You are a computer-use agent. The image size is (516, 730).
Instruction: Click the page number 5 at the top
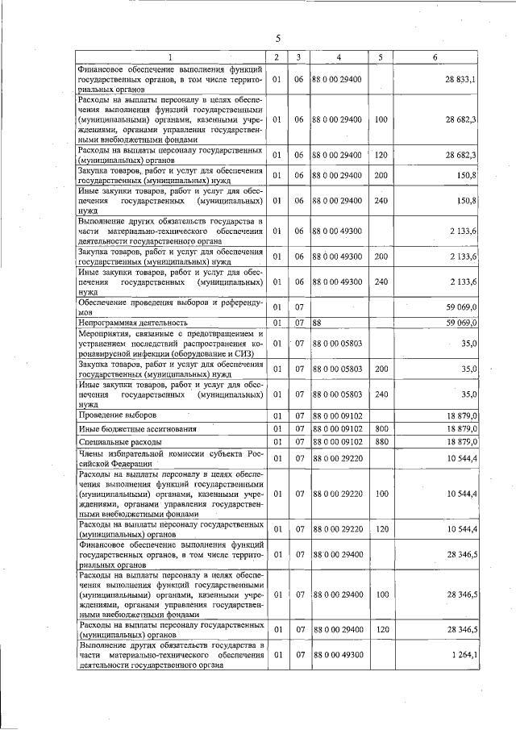pyautogui.click(x=277, y=38)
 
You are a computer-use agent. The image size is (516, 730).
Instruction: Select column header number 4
pyautogui.click(x=339, y=56)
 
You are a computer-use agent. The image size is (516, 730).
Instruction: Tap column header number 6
pyautogui.click(x=435, y=56)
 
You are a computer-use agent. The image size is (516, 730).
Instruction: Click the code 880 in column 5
pyautogui.click(x=381, y=442)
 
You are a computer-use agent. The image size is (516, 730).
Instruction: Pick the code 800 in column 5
pyautogui.click(x=381, y=428)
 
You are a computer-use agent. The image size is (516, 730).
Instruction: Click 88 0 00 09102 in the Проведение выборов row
pyautogui.click(x=337, y=415)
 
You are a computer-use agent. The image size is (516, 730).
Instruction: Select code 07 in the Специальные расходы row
pyautogui.click(x=298, y=442)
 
